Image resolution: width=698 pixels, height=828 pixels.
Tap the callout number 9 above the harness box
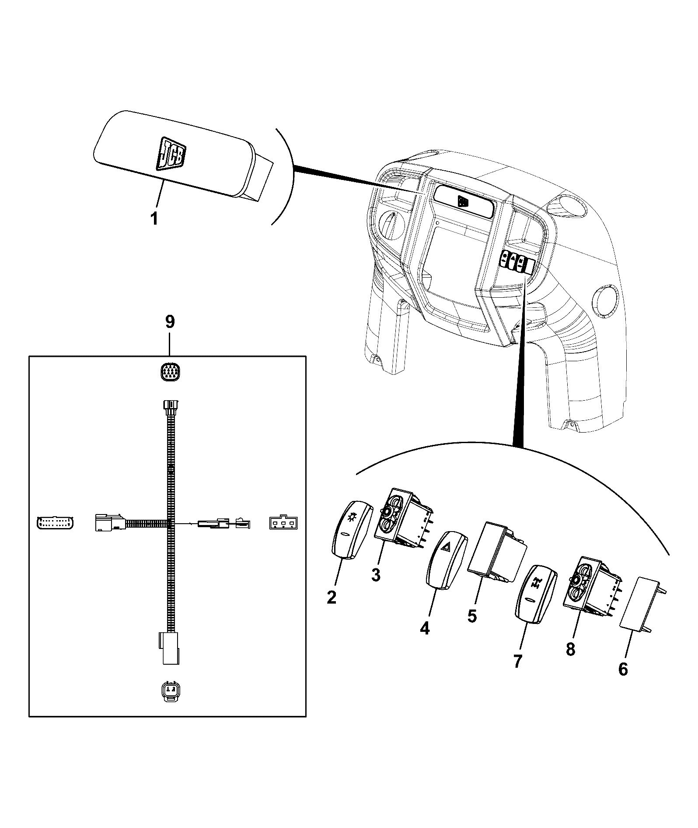pos(170,322)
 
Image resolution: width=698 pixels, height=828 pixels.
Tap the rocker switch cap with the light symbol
pos(352,530)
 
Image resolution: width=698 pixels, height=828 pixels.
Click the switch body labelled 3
pos(403,518)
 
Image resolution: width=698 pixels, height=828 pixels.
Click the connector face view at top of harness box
pos(170,373)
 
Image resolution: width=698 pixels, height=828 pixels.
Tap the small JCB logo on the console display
pos(463,201)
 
